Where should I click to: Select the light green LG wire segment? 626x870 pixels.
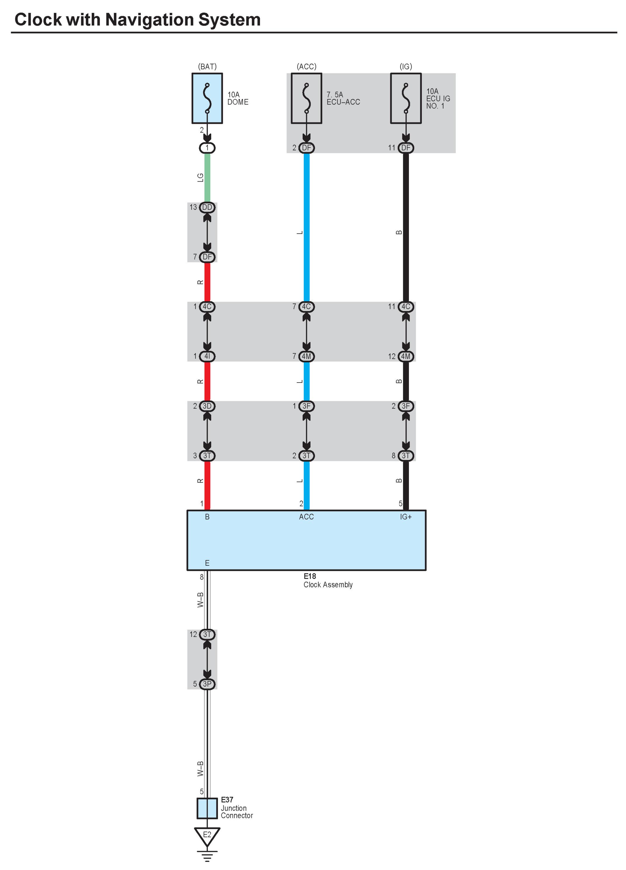pos(207,177)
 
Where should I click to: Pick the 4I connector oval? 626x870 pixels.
pos(207,356)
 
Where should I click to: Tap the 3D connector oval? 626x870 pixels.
pos(207,406)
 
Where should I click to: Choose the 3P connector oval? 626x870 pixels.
pos(207,684)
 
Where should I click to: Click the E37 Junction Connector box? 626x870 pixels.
pos(207,808)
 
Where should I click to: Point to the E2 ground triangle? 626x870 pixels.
pos(207,836)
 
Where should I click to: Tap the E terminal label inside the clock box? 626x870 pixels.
pos(207,563)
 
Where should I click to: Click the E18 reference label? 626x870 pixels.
pos(310,576)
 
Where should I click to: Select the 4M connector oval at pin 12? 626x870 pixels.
pos(406,356)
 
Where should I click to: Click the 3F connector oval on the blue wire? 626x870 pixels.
pos(306,406)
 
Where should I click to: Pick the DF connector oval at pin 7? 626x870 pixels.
pos(207,257)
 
